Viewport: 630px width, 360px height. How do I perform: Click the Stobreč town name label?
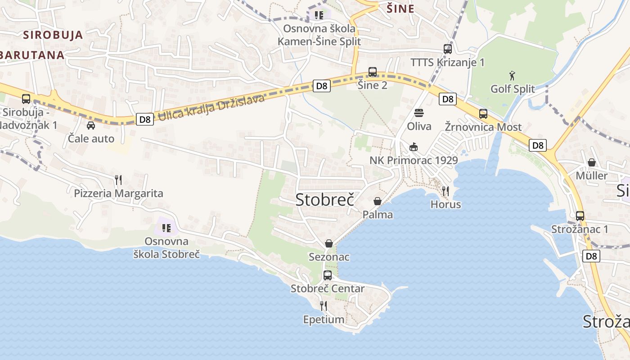pos(325,200)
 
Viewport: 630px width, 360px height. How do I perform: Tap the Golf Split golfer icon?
pos(512,75)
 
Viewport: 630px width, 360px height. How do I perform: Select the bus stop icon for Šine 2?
pos(372,72)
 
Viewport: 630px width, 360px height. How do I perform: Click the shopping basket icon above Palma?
pos(378,201)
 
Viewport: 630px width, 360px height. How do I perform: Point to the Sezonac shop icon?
pos(329,243)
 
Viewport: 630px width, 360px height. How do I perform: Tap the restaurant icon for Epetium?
pos(323,306)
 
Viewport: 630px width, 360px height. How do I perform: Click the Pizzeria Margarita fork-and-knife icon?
pos(118,180)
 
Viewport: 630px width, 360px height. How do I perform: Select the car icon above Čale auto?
pos(91,125)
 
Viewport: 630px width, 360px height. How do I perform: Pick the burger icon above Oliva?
pos(419,112)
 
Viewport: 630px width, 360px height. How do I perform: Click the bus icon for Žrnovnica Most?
pos(483,113)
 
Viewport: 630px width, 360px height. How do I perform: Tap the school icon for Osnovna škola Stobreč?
pos(166,228)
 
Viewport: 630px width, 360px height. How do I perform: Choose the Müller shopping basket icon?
pos(591,162)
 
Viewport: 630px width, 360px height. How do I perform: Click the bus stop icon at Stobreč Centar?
pos(328,275)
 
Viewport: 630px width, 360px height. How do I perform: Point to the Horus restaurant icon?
pos(445,191)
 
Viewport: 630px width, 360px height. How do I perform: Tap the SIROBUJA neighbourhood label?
pos(53,35)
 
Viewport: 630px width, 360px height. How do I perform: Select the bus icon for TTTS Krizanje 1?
pos(447,49)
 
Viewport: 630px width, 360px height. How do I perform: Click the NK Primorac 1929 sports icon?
pos(414,147)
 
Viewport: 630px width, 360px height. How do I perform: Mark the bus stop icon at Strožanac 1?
pos(580,216)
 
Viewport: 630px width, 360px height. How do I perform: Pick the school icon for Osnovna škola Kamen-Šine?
pos(319,15)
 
